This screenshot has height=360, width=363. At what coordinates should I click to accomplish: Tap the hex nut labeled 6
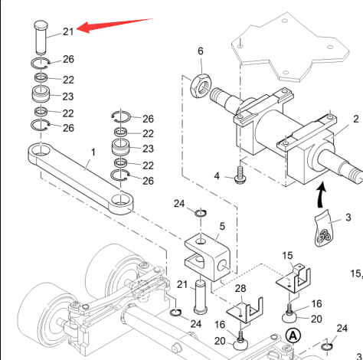pyautogui.click(x=201, y=87)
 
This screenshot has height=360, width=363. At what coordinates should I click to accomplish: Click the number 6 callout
pyautogui.click(x=201, y=51)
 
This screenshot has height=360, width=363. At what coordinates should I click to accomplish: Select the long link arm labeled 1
pyautogui.click(x=80, y=178)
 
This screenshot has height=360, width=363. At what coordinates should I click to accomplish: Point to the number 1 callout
pyautogui.click(x=93, y=152)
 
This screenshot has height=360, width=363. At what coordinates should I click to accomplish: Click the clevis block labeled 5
pyautogui.click(x=208, y=257)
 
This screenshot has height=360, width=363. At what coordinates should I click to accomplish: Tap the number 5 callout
pyautogui.click(x=222, y=226)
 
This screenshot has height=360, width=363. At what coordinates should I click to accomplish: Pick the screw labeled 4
pyautogui.click(x=240, y=175)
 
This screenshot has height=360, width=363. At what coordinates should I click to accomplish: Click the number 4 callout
pyautogui.click(x=217, y=176)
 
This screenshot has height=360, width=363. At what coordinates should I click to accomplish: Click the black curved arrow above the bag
pyautogui.click(x=321, y=194)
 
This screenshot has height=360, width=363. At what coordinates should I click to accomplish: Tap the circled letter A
pyautogui.click(x=293, y=335)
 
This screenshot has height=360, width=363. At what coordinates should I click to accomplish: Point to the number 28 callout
pyautogui.click(x=240, y=289)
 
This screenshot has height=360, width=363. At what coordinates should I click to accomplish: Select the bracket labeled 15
pyautogui.click(x=293, y=280)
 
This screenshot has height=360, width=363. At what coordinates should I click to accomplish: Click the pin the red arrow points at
pyautogui.click(x=41, y=38)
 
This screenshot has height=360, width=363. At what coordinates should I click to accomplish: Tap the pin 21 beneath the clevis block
pyautogui.click(x=201, y=296)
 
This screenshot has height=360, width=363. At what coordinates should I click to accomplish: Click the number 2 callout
pyautogui.click(x=356, y=119)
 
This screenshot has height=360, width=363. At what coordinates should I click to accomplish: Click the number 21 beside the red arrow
pyautogui.click(x=68, y=32)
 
